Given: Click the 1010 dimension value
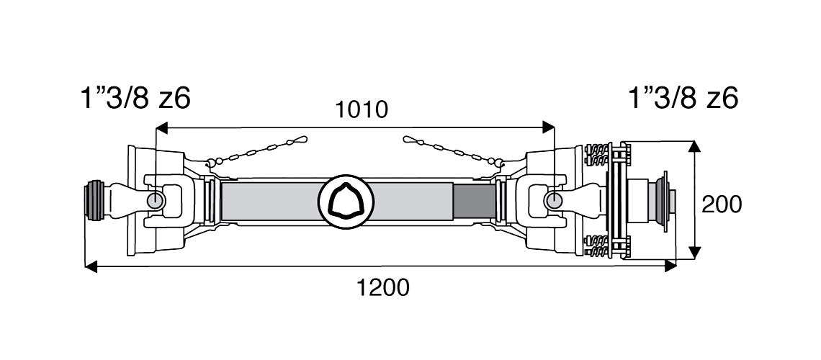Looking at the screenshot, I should click(363, 110).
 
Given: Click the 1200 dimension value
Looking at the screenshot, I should click(383, 288).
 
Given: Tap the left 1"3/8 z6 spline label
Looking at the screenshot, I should click(137, 97).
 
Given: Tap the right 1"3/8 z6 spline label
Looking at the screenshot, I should click(683, 97).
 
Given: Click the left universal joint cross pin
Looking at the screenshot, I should click(154, 199).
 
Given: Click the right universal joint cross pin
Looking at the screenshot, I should click(552, 199).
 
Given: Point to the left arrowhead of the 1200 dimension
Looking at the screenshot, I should click(89, 267).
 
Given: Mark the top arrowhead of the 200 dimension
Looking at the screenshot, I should click(694, 146).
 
